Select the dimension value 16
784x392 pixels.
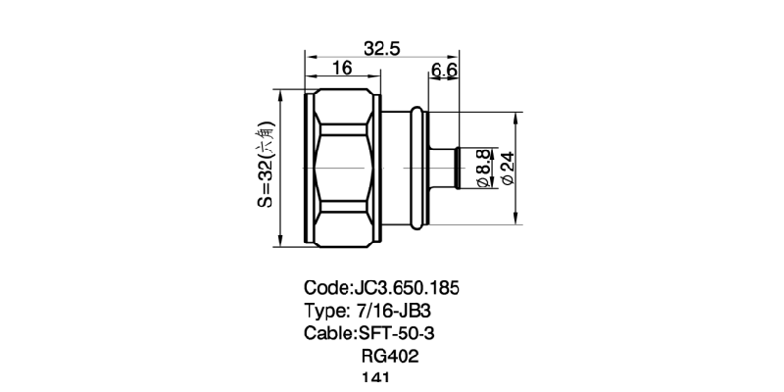[x=342, y=68]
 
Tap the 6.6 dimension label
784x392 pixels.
[x=445, y=70]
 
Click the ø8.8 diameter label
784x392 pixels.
[x=483, y=169]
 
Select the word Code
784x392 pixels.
[x=325, y=289]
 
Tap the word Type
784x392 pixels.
[x=325, y=312]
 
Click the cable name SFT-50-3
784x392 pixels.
[x=398, y=334]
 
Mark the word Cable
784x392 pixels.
[x=328, y=334]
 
